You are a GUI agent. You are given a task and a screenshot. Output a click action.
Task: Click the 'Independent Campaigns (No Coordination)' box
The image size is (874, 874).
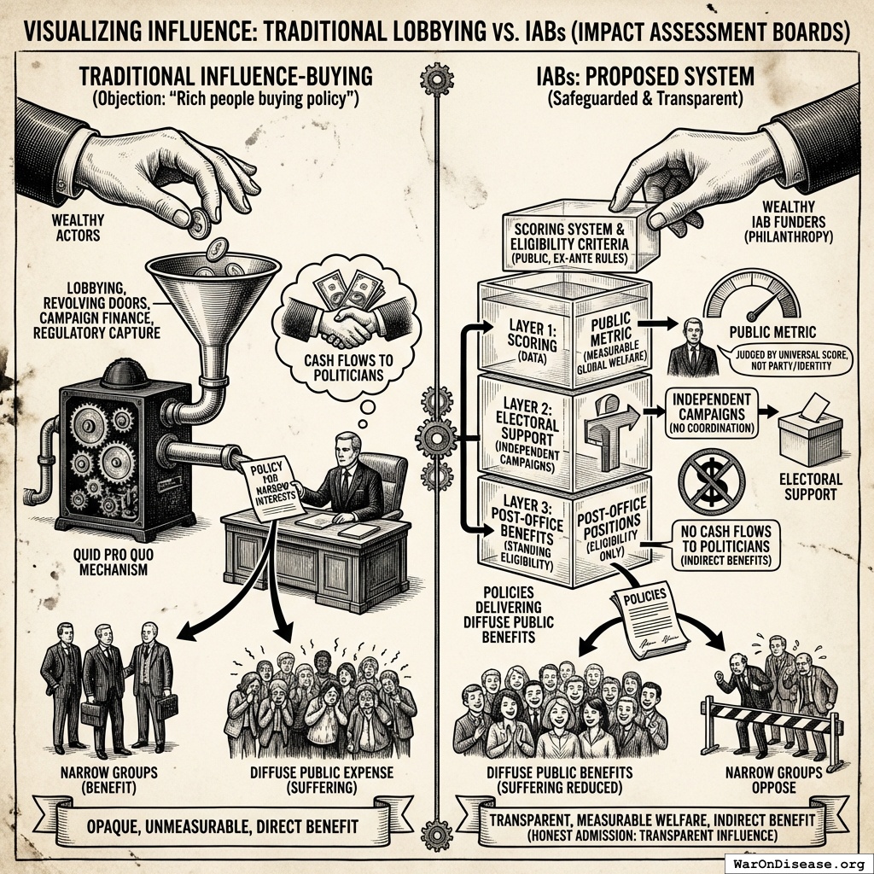[711, 414]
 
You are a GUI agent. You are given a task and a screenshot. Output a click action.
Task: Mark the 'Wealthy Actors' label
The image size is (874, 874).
[79, 229]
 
